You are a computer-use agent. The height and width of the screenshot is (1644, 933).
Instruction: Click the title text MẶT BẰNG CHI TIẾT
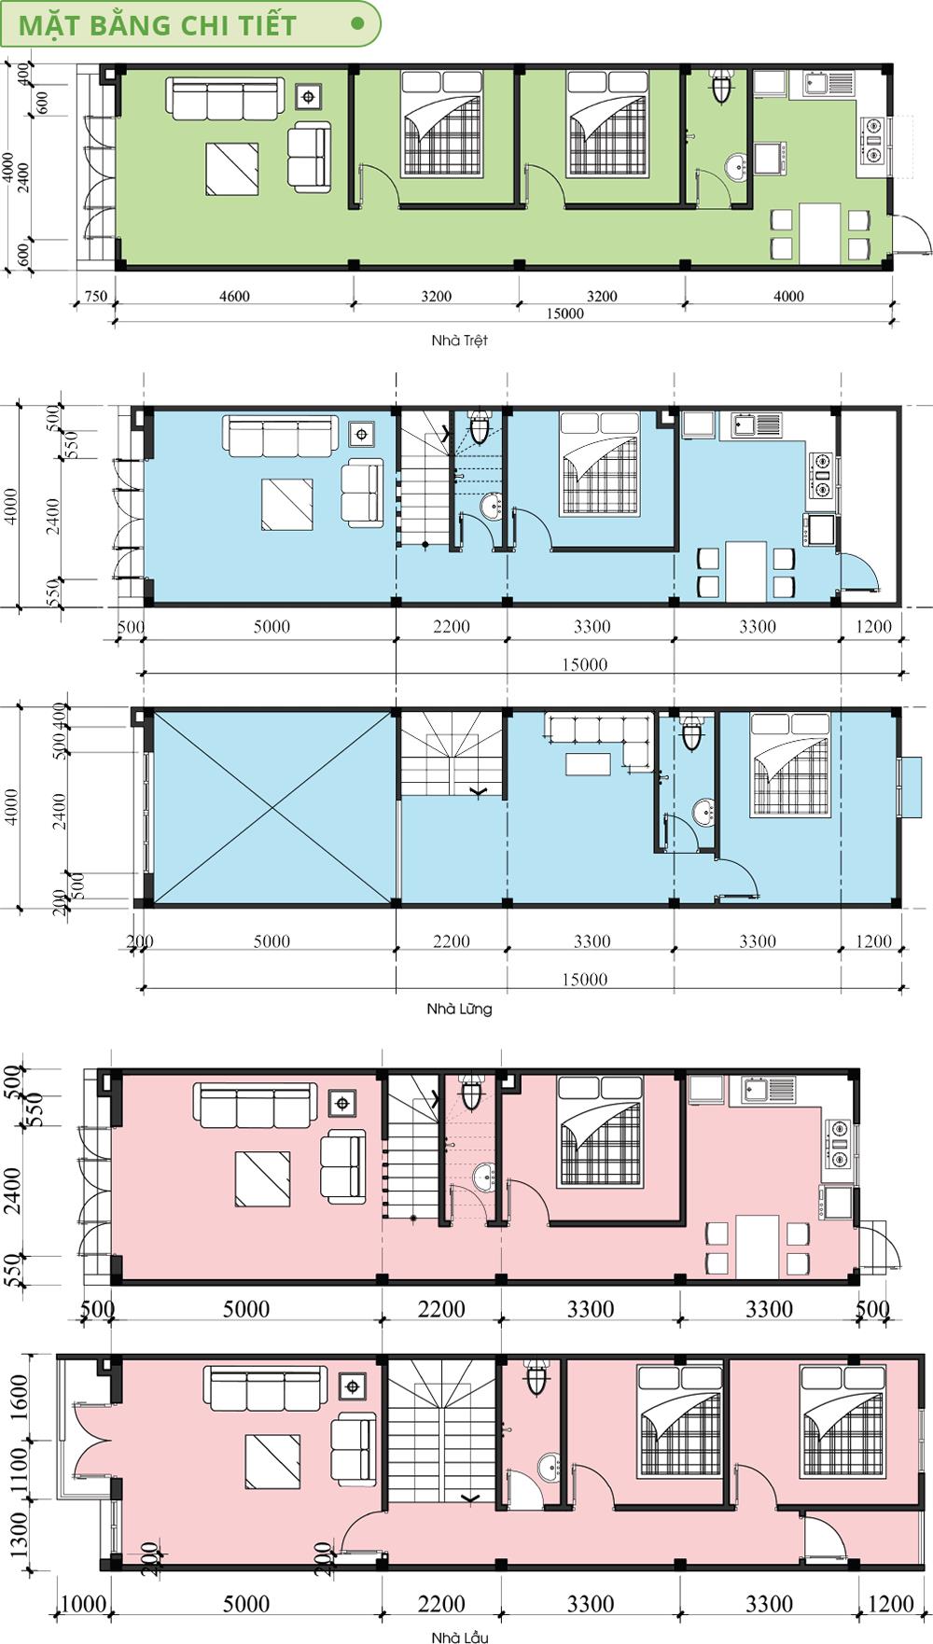click(158, 25)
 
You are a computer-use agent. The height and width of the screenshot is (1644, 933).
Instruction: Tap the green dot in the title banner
click(357, 24)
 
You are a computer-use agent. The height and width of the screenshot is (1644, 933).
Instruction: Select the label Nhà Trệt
click(459, 341)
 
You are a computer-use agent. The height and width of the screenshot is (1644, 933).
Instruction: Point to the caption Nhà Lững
click(459, 1009)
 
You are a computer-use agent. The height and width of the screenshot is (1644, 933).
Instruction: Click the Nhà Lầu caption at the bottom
click(459, 1637)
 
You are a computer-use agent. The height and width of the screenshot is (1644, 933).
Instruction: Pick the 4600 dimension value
click(234, 296)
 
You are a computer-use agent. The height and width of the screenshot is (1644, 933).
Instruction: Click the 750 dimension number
click(96, 296)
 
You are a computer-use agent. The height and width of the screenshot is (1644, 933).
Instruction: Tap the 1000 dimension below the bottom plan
click(82, 1604)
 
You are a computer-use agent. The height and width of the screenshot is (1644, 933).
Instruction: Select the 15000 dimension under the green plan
click(565, 313)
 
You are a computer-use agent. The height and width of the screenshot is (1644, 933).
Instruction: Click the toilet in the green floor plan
click(721, 85)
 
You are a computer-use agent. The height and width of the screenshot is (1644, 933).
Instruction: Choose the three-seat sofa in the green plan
click(224, 99)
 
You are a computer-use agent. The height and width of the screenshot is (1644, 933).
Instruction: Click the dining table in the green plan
click(820, 234)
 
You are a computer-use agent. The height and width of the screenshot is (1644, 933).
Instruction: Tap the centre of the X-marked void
click(272, 808)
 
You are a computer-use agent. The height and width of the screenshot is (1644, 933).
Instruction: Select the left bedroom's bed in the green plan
click(442, 123)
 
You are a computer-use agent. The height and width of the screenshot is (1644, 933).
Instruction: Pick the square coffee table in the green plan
click(232, 169)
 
